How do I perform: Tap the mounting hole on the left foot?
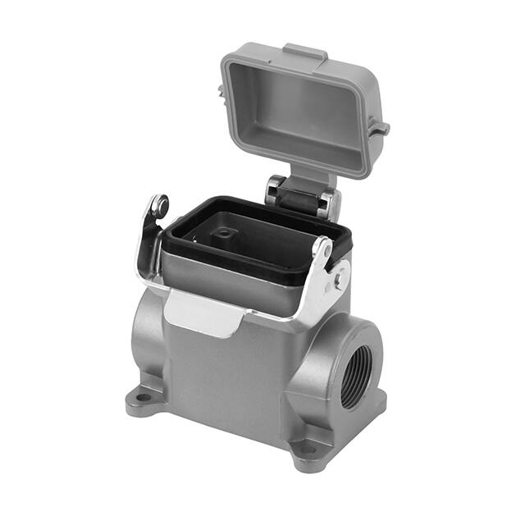(x=144, y=399)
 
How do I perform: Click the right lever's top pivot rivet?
(x=325, y=246)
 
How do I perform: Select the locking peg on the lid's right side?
(x=378, y=127)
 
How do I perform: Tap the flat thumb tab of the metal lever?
(x=201, y=315)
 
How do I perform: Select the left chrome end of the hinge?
(x=274, y=193)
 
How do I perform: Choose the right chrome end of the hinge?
(x=328, y=205)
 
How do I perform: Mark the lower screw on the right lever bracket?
(x=337, y=281)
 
